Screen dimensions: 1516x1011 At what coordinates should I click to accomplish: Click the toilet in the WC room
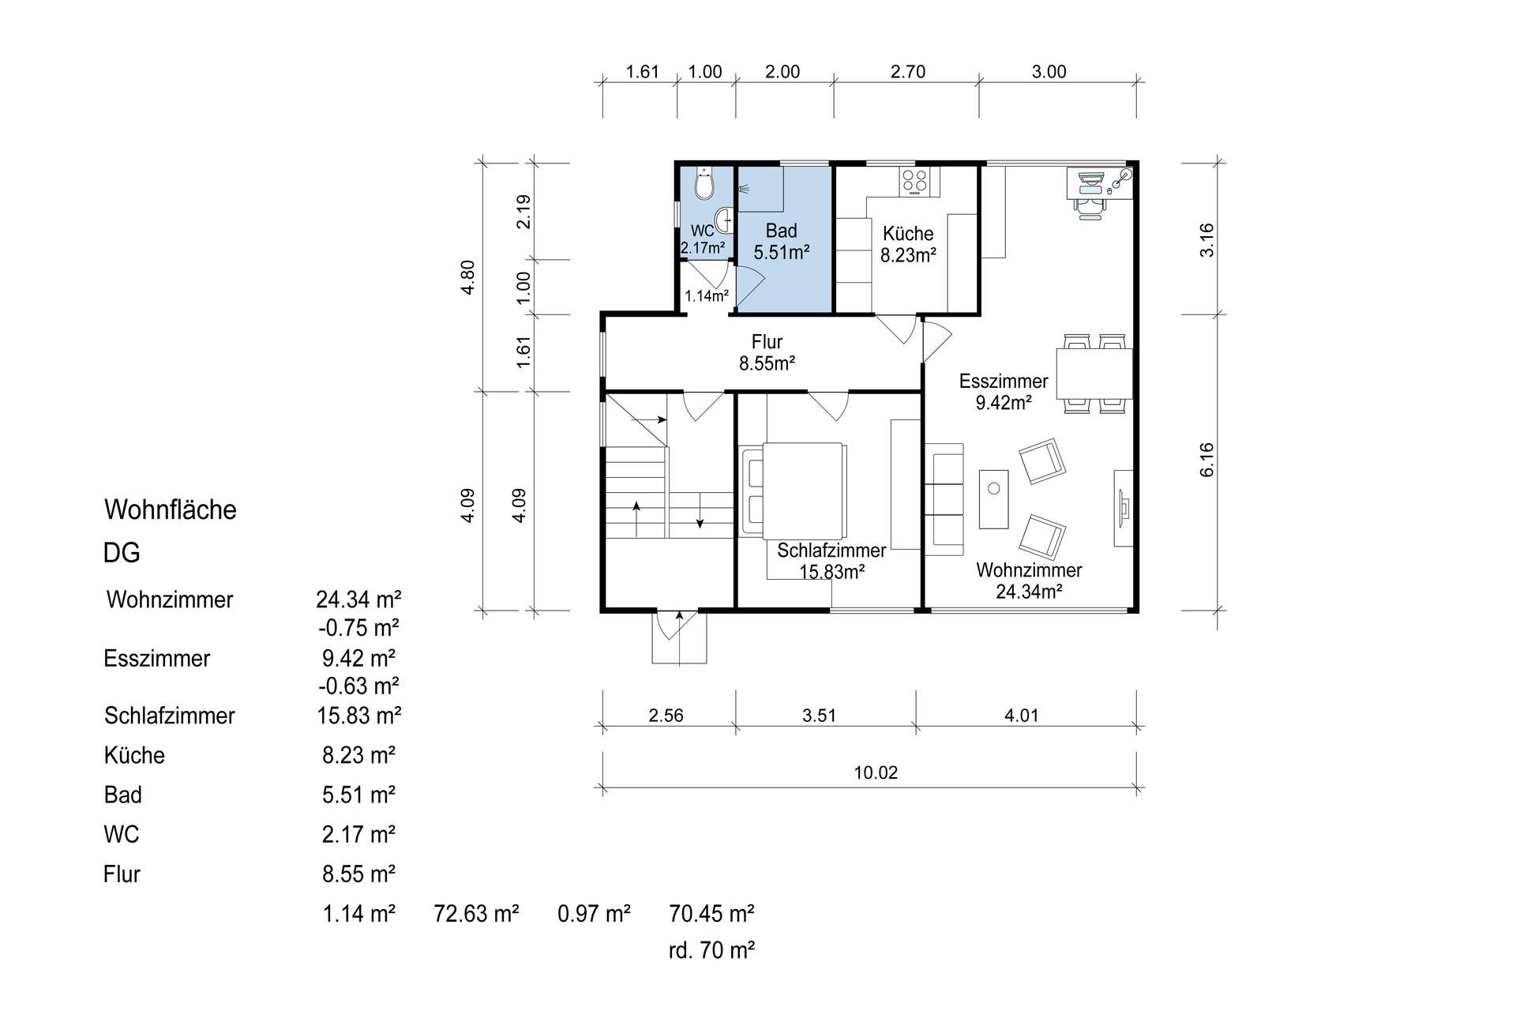[x=704, y=185]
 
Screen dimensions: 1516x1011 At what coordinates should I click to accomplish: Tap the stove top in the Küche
[x=915, y=182]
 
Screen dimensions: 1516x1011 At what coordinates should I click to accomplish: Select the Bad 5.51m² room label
[x=782, y=242]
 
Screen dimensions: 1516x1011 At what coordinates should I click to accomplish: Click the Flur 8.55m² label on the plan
[x=767, y=352]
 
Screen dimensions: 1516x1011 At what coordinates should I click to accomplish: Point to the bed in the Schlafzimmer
[x=794, y=490]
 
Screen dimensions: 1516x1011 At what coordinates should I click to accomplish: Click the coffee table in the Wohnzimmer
[x=994, y=499]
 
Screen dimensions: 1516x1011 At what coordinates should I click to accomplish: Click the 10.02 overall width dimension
[x=876, y=772]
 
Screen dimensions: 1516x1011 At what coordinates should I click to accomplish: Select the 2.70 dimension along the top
[x=908, y=72]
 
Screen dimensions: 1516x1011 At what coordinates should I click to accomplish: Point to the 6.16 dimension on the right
[x=1206, y=460]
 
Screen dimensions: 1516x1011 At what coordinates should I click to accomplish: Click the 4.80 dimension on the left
[x=467, y=277]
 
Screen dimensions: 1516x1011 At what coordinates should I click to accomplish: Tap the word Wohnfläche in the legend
[x=171, y=509]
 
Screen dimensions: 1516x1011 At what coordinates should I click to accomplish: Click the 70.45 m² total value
[x=711, y=914]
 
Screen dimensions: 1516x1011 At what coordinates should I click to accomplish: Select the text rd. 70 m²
[x=711, y=950]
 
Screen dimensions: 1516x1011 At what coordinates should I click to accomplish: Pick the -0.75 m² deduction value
[x=358, y=628]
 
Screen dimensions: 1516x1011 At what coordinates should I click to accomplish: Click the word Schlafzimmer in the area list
[x=170, y=716]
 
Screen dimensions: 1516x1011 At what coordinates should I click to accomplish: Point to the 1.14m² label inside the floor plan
[x=707, y=296]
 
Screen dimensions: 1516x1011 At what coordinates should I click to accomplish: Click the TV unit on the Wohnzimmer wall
[x=1124, y=508]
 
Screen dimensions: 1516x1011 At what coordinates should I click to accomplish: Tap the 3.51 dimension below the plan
[x=819, y=716]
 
